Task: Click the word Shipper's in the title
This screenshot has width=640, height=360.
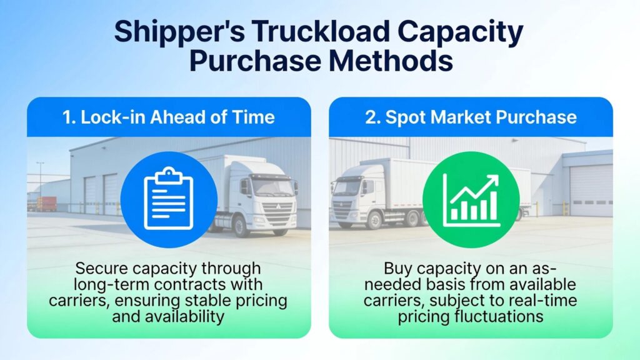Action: (x=179, y=32)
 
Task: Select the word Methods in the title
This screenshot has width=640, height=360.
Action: (x=391, y=61)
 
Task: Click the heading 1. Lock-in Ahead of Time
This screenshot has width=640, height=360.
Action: (x=169, y=117)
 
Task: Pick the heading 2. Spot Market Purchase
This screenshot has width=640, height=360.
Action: (x=471, y=117)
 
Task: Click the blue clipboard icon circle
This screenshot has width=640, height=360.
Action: (x=169, y=199)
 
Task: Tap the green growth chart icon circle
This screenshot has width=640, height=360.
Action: (x=471, y=199)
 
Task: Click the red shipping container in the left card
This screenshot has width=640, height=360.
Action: (x=47, y=204)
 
